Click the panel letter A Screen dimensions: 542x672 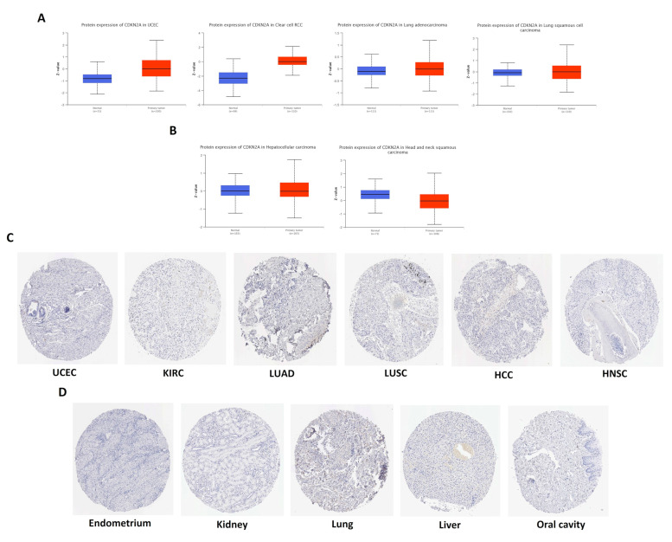click(x=41, y=17)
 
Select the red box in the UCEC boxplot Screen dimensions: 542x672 click(x=157, y=68)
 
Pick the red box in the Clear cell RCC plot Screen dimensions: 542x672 click(x=292, y=61)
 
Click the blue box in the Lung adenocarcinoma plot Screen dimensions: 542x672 click(x=371, y=71)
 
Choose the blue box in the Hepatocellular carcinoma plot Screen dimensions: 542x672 click(x=234, y=190)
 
